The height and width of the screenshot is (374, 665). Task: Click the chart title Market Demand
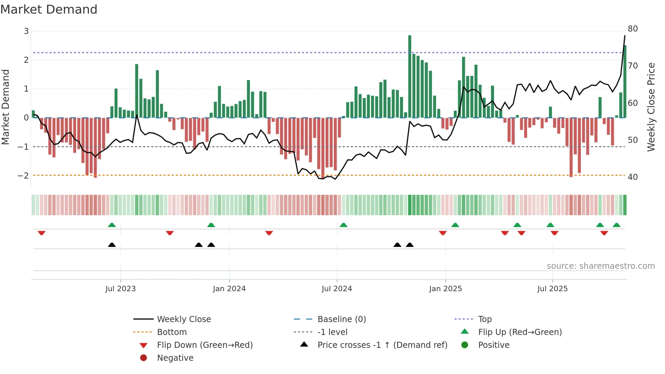point(49,10)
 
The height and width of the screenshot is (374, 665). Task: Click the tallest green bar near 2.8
point(410,76)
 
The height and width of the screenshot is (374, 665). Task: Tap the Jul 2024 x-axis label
point(337,289)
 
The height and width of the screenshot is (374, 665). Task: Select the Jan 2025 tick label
point(445,289)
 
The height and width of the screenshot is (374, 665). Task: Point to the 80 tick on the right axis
point(632,29)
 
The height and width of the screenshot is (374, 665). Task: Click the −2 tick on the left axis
point(23,176)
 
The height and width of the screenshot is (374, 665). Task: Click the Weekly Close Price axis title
point(651,107)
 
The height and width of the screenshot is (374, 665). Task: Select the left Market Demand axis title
point(6,107)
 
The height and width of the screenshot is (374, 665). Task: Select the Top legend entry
point(484,319)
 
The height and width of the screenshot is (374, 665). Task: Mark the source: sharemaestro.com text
point(601,266)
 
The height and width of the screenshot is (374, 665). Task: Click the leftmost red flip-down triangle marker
point(41,233)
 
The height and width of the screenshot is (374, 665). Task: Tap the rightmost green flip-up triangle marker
point(616,225)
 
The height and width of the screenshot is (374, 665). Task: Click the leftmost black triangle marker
point(112,245)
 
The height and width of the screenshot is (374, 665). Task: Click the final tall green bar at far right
point(625,81)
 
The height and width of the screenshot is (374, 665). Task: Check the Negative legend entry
point(175,358)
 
